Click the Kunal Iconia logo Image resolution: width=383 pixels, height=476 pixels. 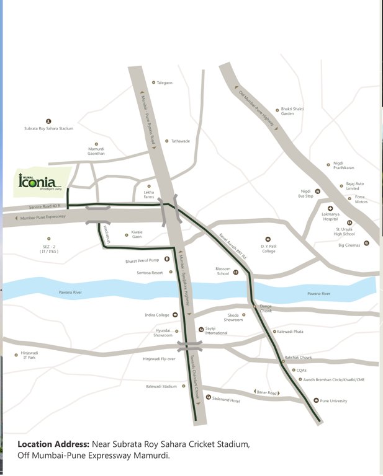40,182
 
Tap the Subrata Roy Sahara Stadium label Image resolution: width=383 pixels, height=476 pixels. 49,128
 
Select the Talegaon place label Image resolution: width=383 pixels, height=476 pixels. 164,82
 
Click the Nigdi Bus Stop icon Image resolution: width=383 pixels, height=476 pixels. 318,191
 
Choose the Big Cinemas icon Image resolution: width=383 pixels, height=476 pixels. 366,244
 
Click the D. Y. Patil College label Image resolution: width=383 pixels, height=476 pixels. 268,248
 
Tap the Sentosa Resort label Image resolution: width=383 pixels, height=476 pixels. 150,272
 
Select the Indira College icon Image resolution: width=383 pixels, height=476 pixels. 175,315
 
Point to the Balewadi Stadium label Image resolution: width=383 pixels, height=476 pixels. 161,386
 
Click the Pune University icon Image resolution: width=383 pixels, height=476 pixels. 316,400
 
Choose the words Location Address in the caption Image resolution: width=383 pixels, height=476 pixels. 53,444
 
